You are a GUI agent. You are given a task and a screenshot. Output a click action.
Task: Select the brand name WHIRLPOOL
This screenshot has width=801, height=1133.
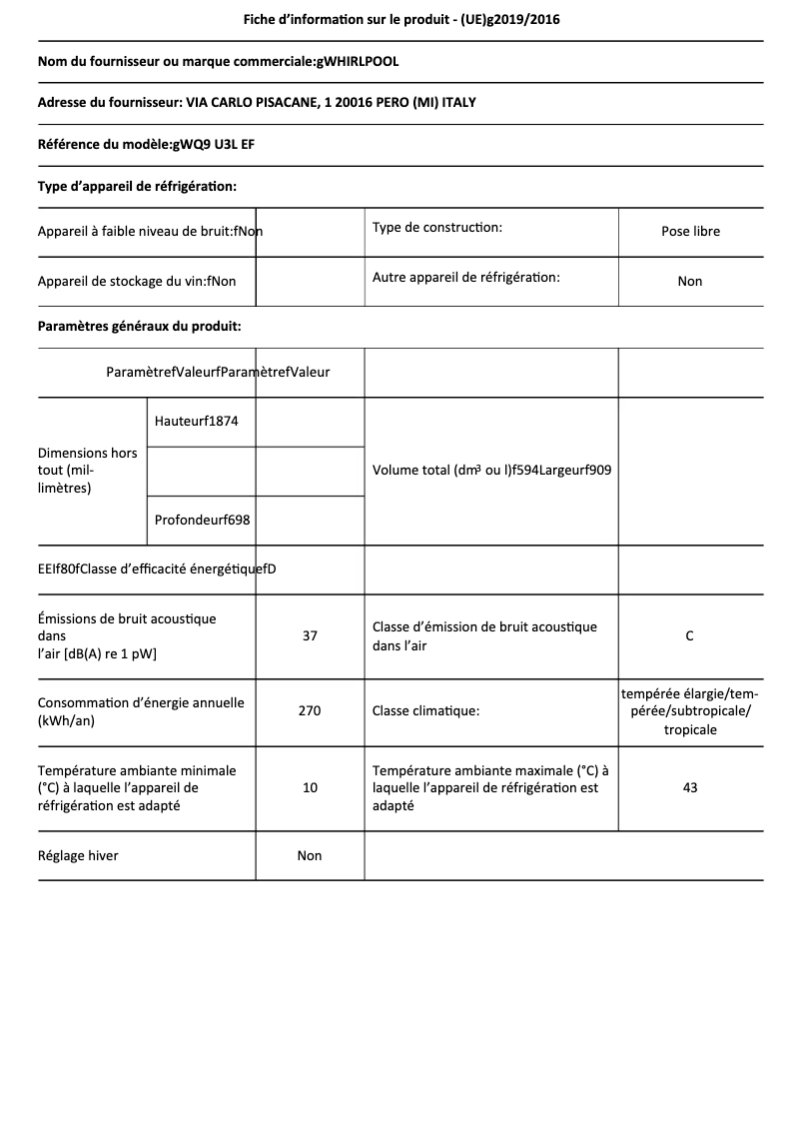point(359,62)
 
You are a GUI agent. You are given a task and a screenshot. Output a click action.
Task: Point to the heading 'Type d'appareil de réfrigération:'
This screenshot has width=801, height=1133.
point(137,186)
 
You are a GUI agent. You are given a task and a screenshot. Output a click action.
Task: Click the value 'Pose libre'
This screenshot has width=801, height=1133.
point(690,231)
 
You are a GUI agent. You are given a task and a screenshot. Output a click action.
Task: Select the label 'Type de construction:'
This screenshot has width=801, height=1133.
point(437,228)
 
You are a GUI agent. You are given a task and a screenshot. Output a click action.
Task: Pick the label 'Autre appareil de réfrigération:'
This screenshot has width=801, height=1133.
point(466,277)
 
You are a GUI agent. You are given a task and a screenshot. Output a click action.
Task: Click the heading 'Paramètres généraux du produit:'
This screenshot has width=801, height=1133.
point(139,326)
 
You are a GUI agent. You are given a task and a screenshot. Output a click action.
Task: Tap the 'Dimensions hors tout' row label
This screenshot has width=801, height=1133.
point(88,470)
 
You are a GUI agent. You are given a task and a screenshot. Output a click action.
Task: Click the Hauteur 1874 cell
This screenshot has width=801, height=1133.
point(197,421)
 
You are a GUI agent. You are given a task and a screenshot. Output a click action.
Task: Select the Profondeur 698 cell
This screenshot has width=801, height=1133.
point(203,520)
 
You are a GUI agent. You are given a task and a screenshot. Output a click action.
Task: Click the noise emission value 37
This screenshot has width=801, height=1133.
point(310,635)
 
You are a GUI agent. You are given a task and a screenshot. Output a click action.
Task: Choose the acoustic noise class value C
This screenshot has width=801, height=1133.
point(690,635)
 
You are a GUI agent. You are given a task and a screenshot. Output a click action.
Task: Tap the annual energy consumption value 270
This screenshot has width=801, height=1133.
point(310,711)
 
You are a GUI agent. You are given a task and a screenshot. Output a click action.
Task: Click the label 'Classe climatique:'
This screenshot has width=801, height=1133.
point(425,711)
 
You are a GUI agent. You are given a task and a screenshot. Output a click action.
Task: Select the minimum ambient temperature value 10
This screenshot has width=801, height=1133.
point(310,787)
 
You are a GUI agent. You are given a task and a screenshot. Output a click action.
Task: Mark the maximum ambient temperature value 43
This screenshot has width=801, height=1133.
point(690,787)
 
